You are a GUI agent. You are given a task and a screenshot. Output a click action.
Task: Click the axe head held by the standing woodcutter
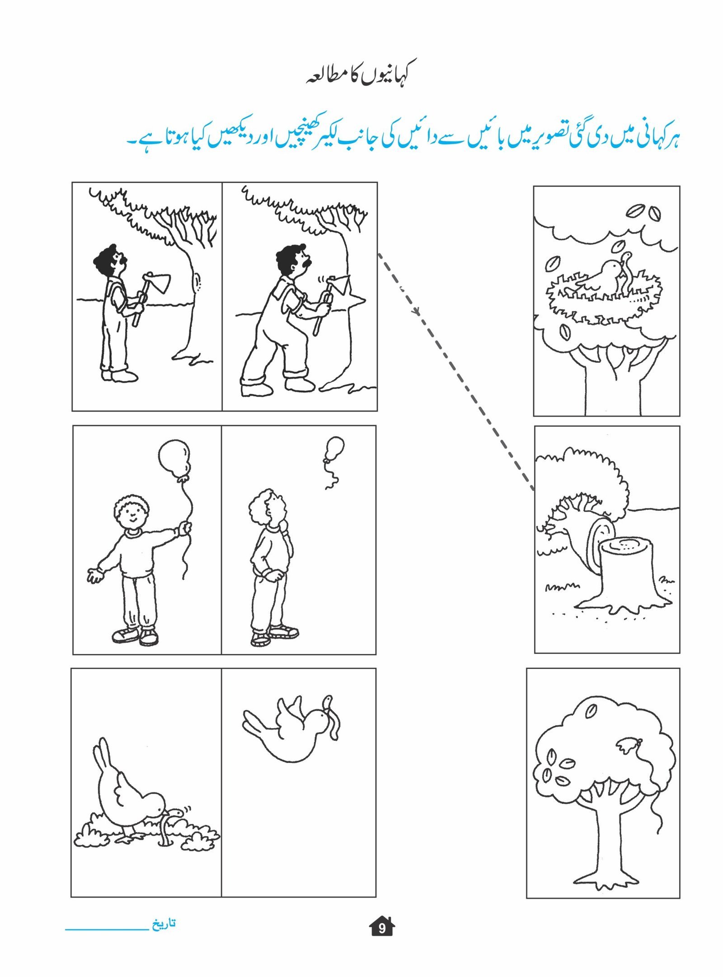coord(158,283)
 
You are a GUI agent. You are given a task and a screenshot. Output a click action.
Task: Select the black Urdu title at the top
coord(357,77)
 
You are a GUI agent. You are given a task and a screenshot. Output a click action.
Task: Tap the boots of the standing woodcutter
coord(119,375)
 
